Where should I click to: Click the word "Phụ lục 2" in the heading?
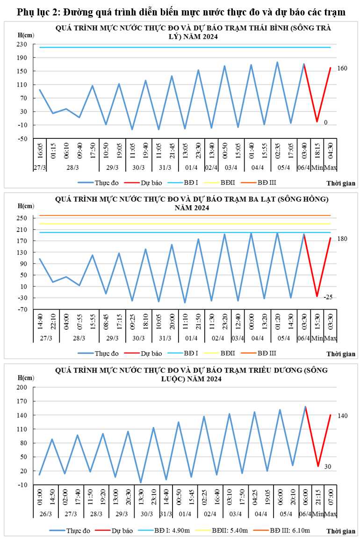coord(36,13)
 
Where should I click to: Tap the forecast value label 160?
coord(342,68)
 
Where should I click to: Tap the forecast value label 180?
coord(342,238)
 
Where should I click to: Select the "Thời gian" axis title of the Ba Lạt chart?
coord(340,354)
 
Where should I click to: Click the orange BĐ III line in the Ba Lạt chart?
coord(187,216)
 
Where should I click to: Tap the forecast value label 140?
coord(342,416)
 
